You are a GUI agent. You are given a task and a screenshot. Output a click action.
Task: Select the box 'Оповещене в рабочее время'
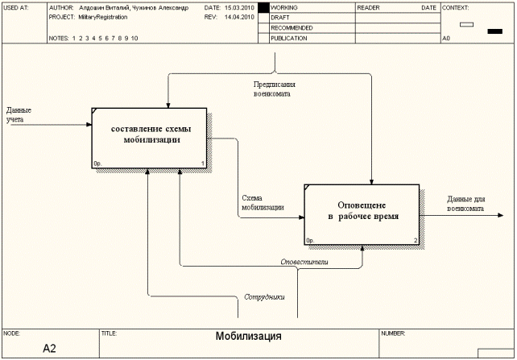click(362, 212)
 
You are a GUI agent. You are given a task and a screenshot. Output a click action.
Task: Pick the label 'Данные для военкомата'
click(466, 204)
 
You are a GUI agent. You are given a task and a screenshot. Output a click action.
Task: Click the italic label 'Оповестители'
click(304, 263)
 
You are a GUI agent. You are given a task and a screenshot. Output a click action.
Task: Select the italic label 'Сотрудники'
click(264, 297)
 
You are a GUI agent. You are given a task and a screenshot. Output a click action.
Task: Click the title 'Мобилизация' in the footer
click(248, 337)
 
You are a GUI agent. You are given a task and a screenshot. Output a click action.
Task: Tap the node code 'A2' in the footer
click(50, 349)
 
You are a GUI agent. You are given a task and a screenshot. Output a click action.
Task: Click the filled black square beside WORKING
click(263, 7)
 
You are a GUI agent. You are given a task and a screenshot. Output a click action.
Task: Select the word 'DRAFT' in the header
click(280, 17)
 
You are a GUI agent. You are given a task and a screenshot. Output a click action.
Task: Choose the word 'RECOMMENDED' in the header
click(292, 27)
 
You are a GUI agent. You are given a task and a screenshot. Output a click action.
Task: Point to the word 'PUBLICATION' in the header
click(289, 38)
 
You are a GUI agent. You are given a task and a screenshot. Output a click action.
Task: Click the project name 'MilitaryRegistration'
click(103, 17)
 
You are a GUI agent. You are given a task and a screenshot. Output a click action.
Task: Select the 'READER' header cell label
click(369, 7)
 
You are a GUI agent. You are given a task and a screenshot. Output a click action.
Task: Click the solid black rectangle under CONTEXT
click(494, 31)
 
